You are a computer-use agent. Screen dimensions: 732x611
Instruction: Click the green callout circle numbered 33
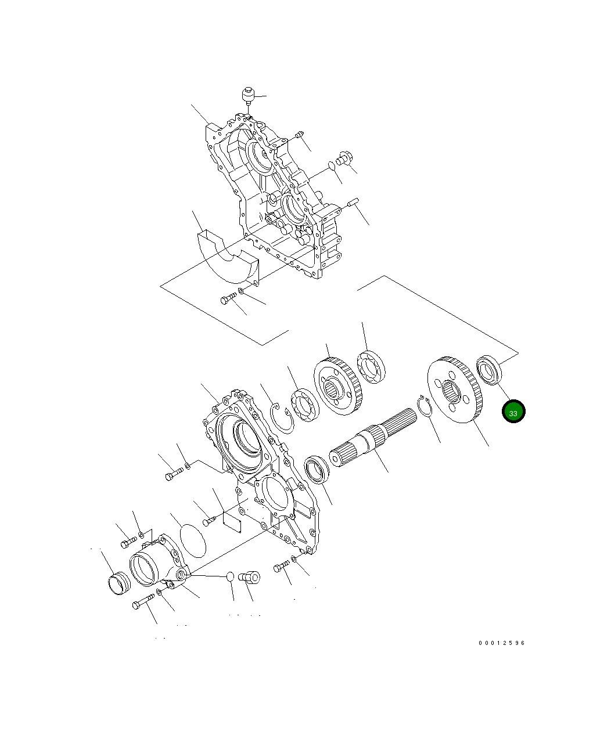(x=513, y=412)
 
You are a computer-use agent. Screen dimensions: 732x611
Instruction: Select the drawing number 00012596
(x=502, y=643)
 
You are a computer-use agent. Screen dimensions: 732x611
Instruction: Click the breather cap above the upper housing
(x=248, y=94)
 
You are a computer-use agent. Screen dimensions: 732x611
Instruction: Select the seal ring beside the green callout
(x=490, y=368)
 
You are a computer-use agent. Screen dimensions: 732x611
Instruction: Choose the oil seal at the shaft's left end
(x=317, y=470)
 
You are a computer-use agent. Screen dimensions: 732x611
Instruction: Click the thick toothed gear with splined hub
(x=337, y=387)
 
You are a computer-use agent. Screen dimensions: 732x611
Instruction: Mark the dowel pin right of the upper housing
(x=353, y=202)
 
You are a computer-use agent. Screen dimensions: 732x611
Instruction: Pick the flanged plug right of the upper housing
(x=343, y=158)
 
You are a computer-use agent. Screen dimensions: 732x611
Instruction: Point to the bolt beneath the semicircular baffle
(x=227, y=299)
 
